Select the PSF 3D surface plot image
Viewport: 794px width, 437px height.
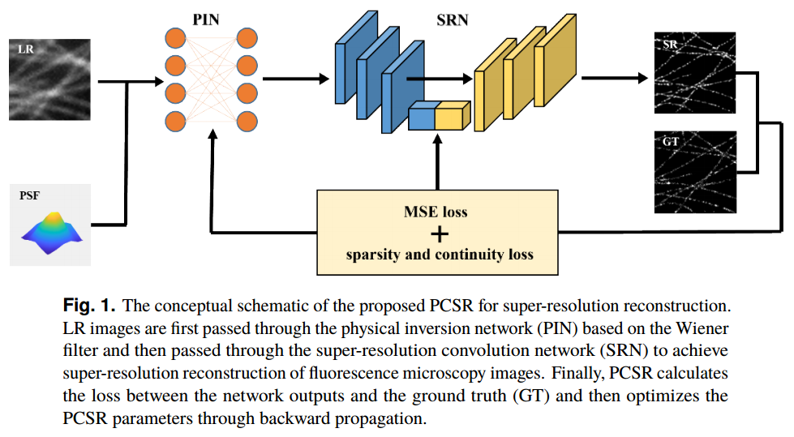(50, 225)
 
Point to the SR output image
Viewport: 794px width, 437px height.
(694, 72)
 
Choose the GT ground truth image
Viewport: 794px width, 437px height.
(694, 171)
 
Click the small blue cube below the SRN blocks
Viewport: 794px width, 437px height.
(422, 118)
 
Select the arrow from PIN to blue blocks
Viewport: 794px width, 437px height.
(296, 79)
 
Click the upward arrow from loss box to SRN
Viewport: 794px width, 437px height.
(439, 162)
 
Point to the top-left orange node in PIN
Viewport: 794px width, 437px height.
(175, 37)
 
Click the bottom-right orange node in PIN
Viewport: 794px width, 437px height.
(247, 122)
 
